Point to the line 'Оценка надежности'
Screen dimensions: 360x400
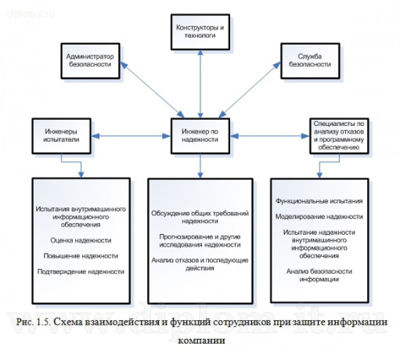pyautogui.click(x=80, y=241)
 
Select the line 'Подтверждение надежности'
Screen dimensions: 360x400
pyautogui.click(x=81, y=272)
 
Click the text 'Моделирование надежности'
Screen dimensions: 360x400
pyautogui.click(x=319, y=216)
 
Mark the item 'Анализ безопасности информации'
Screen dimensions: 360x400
pyautogui.click(x=319, y=275)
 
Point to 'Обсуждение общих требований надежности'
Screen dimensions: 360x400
pyautogui.click(x=200, y=217)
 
